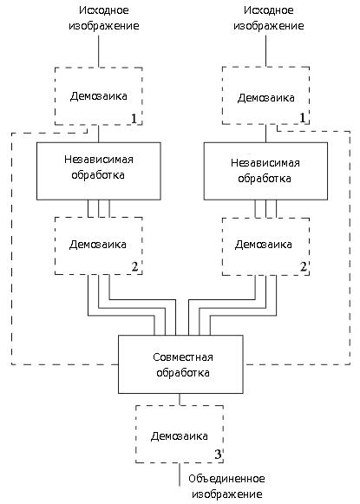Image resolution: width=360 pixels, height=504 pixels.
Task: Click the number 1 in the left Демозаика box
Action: coord(134,119)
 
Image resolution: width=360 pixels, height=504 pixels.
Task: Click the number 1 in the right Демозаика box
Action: coord(302,118)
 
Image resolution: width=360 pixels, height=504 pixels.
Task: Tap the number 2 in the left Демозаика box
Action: coord(134,266)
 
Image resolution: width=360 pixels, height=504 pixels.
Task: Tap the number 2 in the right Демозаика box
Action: coord(303,266)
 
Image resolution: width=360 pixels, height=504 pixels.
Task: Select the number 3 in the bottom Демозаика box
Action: coord(218,455)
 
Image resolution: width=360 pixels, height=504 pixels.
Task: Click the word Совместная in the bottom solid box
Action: coord(182,357)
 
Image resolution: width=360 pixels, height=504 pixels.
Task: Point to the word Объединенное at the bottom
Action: coord(226,479)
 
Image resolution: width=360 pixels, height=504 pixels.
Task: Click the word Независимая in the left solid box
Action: coord(99,160)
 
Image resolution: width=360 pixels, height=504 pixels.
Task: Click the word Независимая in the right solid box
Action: coord(265,163)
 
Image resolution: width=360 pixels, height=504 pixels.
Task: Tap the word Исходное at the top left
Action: coord(104,10)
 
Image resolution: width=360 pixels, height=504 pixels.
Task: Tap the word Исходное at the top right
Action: coord(269,10)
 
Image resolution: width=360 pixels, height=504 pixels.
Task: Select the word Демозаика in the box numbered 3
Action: coord(180,436)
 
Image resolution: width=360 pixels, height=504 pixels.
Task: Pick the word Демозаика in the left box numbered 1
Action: coord(99,96)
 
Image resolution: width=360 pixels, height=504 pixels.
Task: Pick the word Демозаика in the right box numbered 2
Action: coord(264,245)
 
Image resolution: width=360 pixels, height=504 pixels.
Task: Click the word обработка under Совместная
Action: coord(183,373)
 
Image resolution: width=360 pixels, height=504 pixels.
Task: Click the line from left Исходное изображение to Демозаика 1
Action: coord(98,51)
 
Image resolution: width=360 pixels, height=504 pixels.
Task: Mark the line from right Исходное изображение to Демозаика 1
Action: coord(265,51)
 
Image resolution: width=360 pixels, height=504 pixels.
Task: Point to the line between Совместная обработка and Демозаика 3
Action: coord(180,399)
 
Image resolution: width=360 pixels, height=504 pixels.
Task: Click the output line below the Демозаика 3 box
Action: coord(180,475)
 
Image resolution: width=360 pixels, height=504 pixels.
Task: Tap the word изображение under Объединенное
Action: coord(227,494)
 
